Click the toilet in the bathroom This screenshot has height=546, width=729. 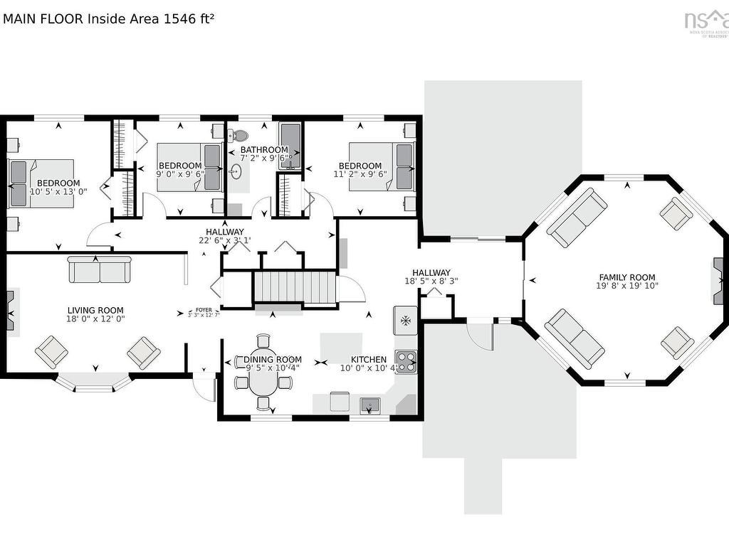click(x=240, y=135)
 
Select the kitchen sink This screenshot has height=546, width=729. click(x=369, y=405)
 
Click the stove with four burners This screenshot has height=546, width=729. click(x=406, y=362)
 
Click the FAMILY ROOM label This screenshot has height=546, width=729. click(x=626, y=278)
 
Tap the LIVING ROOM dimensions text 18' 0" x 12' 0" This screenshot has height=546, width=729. click(x=96, y=319)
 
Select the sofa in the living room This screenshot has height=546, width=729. click(x=100, y=269)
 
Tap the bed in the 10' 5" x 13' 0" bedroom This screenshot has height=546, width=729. click(x=41, y=183)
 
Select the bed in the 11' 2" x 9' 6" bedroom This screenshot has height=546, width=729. click(x=381, y=166)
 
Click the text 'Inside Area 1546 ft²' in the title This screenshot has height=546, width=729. click(x=150, y=19)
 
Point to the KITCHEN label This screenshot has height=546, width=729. click(x=369, y=360)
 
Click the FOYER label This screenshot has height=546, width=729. click(x=203, y=310)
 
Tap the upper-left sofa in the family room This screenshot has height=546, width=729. click(x=577, y=216)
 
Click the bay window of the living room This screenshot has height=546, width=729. click(x=95, y=383)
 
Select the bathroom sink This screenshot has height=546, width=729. click(x=237, y=171)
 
